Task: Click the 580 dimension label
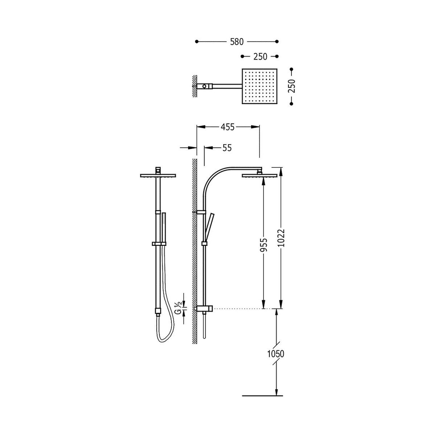[x=237, y=42]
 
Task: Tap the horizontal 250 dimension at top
[x=260, y=57]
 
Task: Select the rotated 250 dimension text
[x=292, y=86]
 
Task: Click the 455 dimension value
[x=228, y=127]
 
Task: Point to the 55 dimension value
[x=227, y=148]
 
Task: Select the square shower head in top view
[x=260, y=86]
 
